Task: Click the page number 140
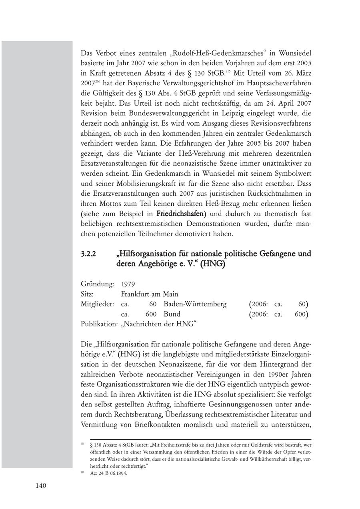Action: (x=41, y=486)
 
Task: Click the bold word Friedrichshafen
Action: (x=180, y=214)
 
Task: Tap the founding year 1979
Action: (x=128, y=284)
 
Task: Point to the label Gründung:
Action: (x=98, y=284)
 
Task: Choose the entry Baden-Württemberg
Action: (x=195, y=304)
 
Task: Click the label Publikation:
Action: (x=99, y=324)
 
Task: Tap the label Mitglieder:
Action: (x=99, y=304)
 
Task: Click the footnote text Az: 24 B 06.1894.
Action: (x=108, y=473)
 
